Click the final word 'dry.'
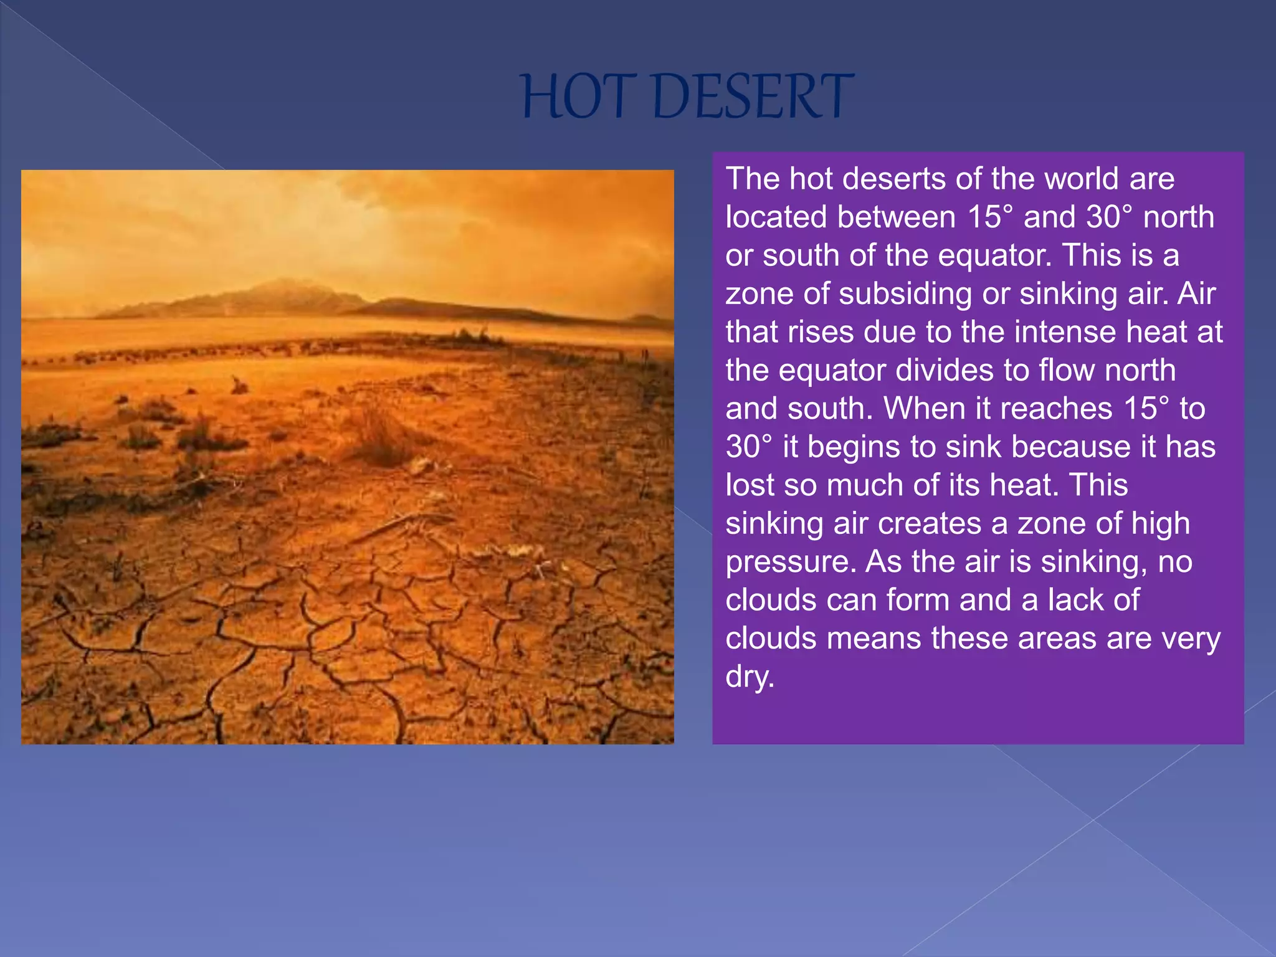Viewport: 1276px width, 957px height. [x=750, y=677]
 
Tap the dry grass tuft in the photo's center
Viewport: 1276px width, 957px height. [x=380, y=430]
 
